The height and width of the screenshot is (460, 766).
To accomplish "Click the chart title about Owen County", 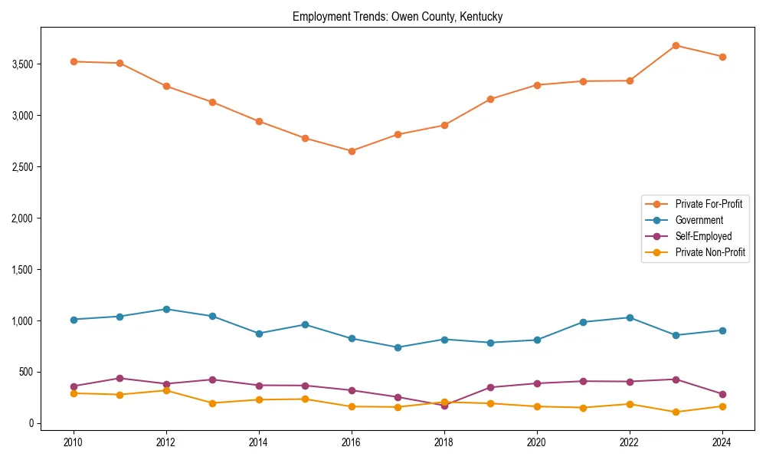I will click(x=398, y=16).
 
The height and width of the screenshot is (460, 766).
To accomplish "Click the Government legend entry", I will click(x=699, y=220).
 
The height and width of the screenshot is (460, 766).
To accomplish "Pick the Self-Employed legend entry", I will click(x=703, y=236).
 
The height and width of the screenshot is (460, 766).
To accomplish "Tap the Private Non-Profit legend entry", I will click(x=710, y=252).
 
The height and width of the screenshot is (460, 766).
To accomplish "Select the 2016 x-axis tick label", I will click(x=352, y=442).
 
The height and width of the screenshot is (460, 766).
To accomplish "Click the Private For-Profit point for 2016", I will click(x=352, y=151).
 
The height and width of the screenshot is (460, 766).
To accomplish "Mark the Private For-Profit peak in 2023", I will click(x=676, y=45).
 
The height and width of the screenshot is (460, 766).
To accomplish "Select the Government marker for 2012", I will click(x=166, y=309).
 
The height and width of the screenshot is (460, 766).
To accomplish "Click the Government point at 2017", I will click(x=398, y=347).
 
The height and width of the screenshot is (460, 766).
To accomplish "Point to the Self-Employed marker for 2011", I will click(x=120, y=378).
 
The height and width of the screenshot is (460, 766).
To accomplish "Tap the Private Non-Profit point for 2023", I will click(x=676, y=412).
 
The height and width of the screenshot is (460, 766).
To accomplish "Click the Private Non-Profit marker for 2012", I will click(x=166, y=390).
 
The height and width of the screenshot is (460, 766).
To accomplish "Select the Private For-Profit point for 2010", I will click(x=74, y=61).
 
